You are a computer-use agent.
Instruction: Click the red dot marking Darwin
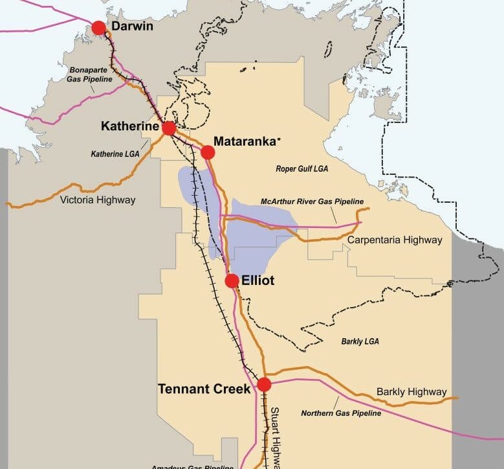[98, 28]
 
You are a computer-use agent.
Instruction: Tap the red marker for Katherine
[169, 128]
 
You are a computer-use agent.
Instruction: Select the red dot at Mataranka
[208, 152]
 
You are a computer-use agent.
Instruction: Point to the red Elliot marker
[232, 280]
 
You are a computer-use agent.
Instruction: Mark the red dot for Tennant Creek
[264, 384]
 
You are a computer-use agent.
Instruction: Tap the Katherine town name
[129, 127]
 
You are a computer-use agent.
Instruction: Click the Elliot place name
[258, 280]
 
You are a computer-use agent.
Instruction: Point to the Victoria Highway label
[98, 200]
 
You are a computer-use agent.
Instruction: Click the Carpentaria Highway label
[395, 240]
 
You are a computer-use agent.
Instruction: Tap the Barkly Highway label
[411, 392]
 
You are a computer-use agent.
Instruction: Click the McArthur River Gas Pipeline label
[312, 201]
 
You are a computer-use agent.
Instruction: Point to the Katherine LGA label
[116, 154]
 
